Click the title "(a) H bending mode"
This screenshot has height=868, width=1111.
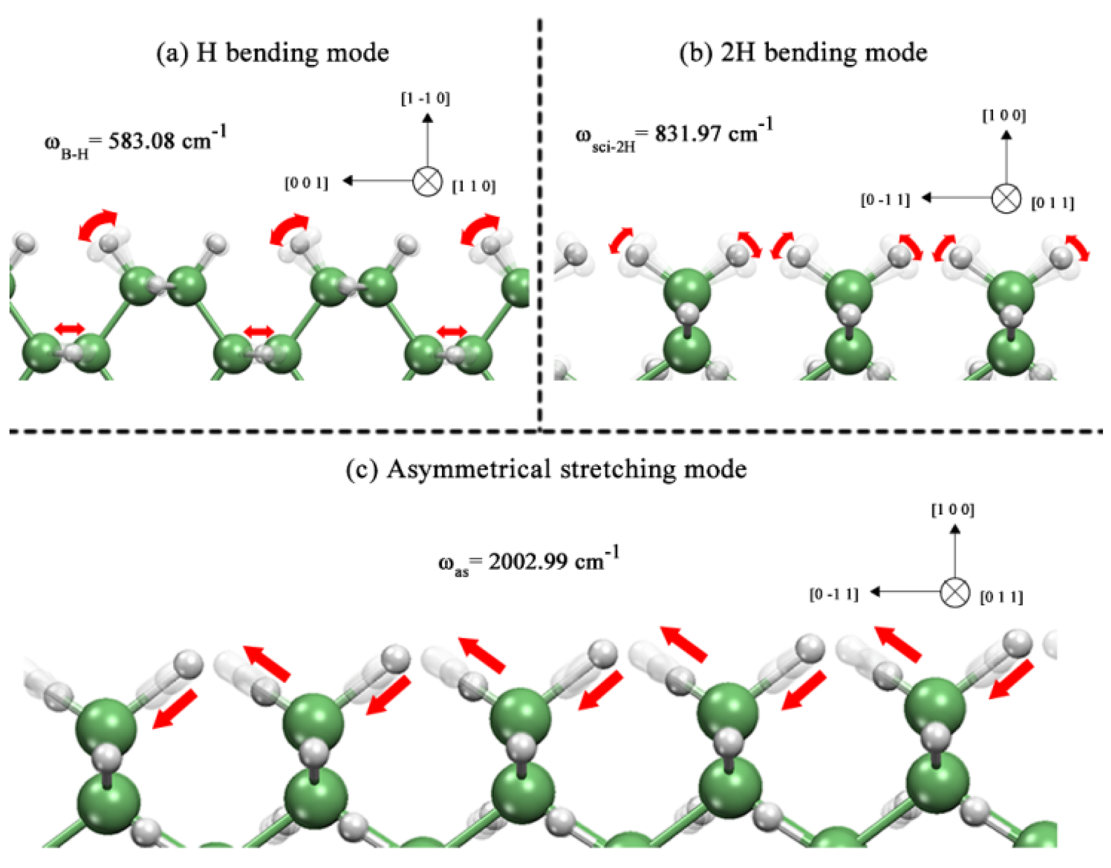coord(272,53)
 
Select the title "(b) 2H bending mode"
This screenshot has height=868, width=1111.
coord(803,53)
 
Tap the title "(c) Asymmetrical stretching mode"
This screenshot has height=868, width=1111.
coord(546,469)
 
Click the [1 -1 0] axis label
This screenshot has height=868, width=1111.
coord(425,99)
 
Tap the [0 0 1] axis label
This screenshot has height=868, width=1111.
coord(306,183)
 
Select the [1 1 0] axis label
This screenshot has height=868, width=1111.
coord(473,186)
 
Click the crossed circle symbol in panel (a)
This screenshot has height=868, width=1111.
coord(427,181)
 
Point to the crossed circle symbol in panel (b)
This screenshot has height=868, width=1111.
coord(1006,198)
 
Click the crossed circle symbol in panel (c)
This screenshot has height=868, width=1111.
coord(955,592)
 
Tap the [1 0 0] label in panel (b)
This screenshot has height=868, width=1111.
coord(1004,116)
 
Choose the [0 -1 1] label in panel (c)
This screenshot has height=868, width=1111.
coord(834,594)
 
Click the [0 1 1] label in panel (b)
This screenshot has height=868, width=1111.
coord(1052,203)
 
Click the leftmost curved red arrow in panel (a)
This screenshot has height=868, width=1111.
coord(97,224)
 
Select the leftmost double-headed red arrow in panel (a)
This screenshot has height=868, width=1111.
coord(70,329)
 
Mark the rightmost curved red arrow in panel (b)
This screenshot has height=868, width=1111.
coord(1077,247)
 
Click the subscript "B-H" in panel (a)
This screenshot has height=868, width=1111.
coord(74,154)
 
